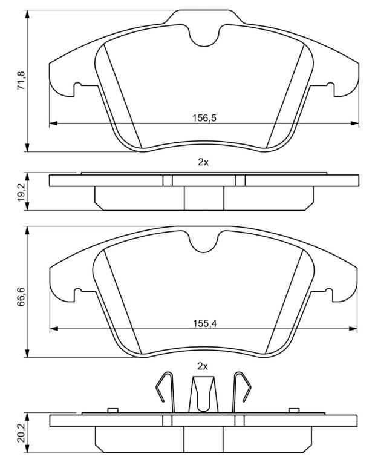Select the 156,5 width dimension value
pyautogui.click(x=204, y=118)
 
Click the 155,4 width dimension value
pyautogui.click(x=205, y=323)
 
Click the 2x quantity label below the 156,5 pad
pyautogui.click(x=203, y=162)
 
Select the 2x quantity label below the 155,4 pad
pyautogui.click(x=203, y=366)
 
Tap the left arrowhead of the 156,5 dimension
pyautogui.click(x=53, y=123)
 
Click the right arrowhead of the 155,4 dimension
pyautogui.click(x=353, y=328)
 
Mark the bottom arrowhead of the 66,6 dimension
pyautogui.click(x=27, y=353)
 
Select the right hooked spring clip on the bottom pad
pyautogui.click(x=241, y=392)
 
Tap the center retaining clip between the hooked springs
pyautogui.click(x=203, y=394)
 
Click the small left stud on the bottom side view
pyautogui.click(x=113, y=410)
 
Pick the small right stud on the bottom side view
pyautogui.click(x=294, y=410)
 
